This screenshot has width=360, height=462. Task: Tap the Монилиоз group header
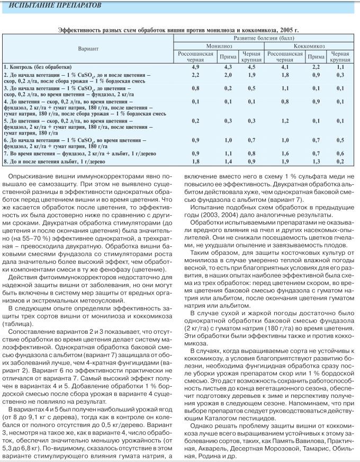tap(220, 46)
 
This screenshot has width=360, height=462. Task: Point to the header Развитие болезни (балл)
tap(263, 39)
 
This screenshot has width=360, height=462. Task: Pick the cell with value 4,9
tap(195, 67)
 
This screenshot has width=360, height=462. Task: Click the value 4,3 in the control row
tap(228, 67)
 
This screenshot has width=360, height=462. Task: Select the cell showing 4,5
tap(251, 67)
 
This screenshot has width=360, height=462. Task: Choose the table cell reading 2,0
tap(228, 75)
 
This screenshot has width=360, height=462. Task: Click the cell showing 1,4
tap(228, 161)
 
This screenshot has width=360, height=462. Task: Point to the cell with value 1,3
tap(316, 161)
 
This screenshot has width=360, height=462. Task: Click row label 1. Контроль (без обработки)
tap(38, 67)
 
